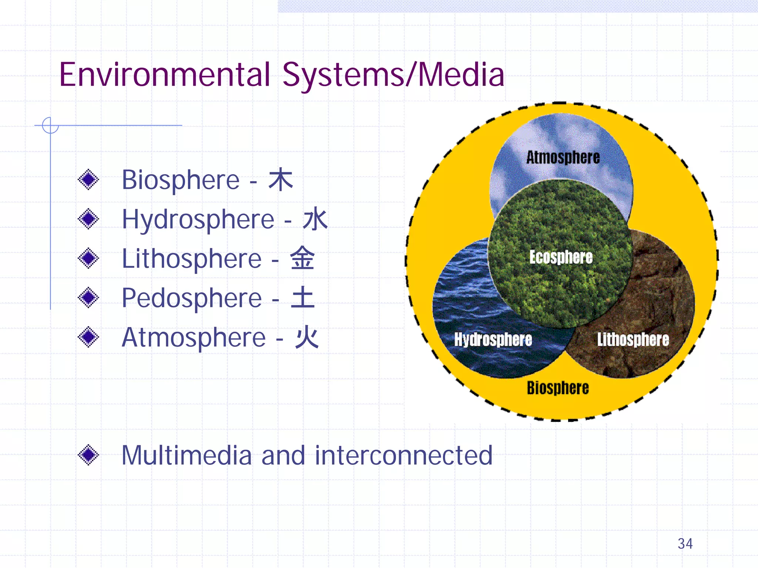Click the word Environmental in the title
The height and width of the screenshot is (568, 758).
coord(165,75)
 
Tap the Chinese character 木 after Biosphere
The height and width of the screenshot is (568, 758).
coord(281,180)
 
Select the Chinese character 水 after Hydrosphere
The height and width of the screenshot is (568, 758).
coord(315,219)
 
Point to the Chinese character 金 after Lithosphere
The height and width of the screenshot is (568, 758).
coord(302,258)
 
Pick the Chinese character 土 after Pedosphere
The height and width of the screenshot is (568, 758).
coord(303,298)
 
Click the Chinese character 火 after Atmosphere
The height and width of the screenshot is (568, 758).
coord(306,337)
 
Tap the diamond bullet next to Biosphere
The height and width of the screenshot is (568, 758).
coord(88,180)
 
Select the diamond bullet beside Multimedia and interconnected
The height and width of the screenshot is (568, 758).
coord(88,455)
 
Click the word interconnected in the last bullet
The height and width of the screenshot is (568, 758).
coord(403,455)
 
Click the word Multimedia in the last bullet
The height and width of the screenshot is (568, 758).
coord(187,455)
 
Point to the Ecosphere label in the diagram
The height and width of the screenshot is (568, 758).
coord(561,257)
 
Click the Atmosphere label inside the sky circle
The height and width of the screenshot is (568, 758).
coord(563,158)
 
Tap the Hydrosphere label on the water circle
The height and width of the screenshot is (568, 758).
coord(493,339)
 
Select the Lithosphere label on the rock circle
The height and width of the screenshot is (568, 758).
coord(633,339)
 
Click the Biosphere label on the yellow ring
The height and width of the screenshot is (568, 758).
coord(558,388)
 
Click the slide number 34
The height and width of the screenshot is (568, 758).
coord(685,544)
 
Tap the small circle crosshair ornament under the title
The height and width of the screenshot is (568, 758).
coord(50,125)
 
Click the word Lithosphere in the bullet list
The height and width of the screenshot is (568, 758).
coord(192,259)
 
